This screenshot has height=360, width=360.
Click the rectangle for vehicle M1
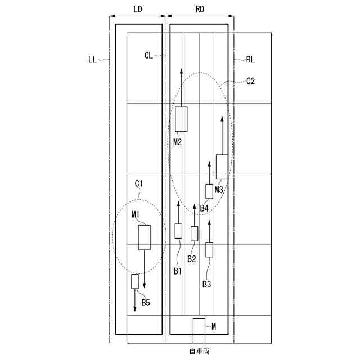pos(145,237)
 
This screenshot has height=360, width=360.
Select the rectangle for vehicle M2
pos(181,119)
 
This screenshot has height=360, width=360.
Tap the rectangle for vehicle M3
pos(222,167)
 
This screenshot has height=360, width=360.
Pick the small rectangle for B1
pos(179,231)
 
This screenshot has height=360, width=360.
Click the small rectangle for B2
pos(195,233)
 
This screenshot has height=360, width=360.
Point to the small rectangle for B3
pos(210,249)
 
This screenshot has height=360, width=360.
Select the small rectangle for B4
pos(209,191)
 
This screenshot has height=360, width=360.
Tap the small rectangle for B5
pos(135,281)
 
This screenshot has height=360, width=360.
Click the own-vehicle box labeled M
pos(199,331)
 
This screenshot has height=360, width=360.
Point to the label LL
pos(93,58)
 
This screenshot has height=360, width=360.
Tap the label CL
pos(148,55)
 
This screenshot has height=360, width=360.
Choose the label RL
pos(251,58)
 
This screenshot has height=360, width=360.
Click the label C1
pos(139,183)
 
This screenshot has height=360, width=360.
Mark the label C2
pos(251,81)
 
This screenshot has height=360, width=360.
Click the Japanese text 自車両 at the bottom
pos(199,352)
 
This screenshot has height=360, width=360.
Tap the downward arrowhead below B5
pos(135,308)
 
